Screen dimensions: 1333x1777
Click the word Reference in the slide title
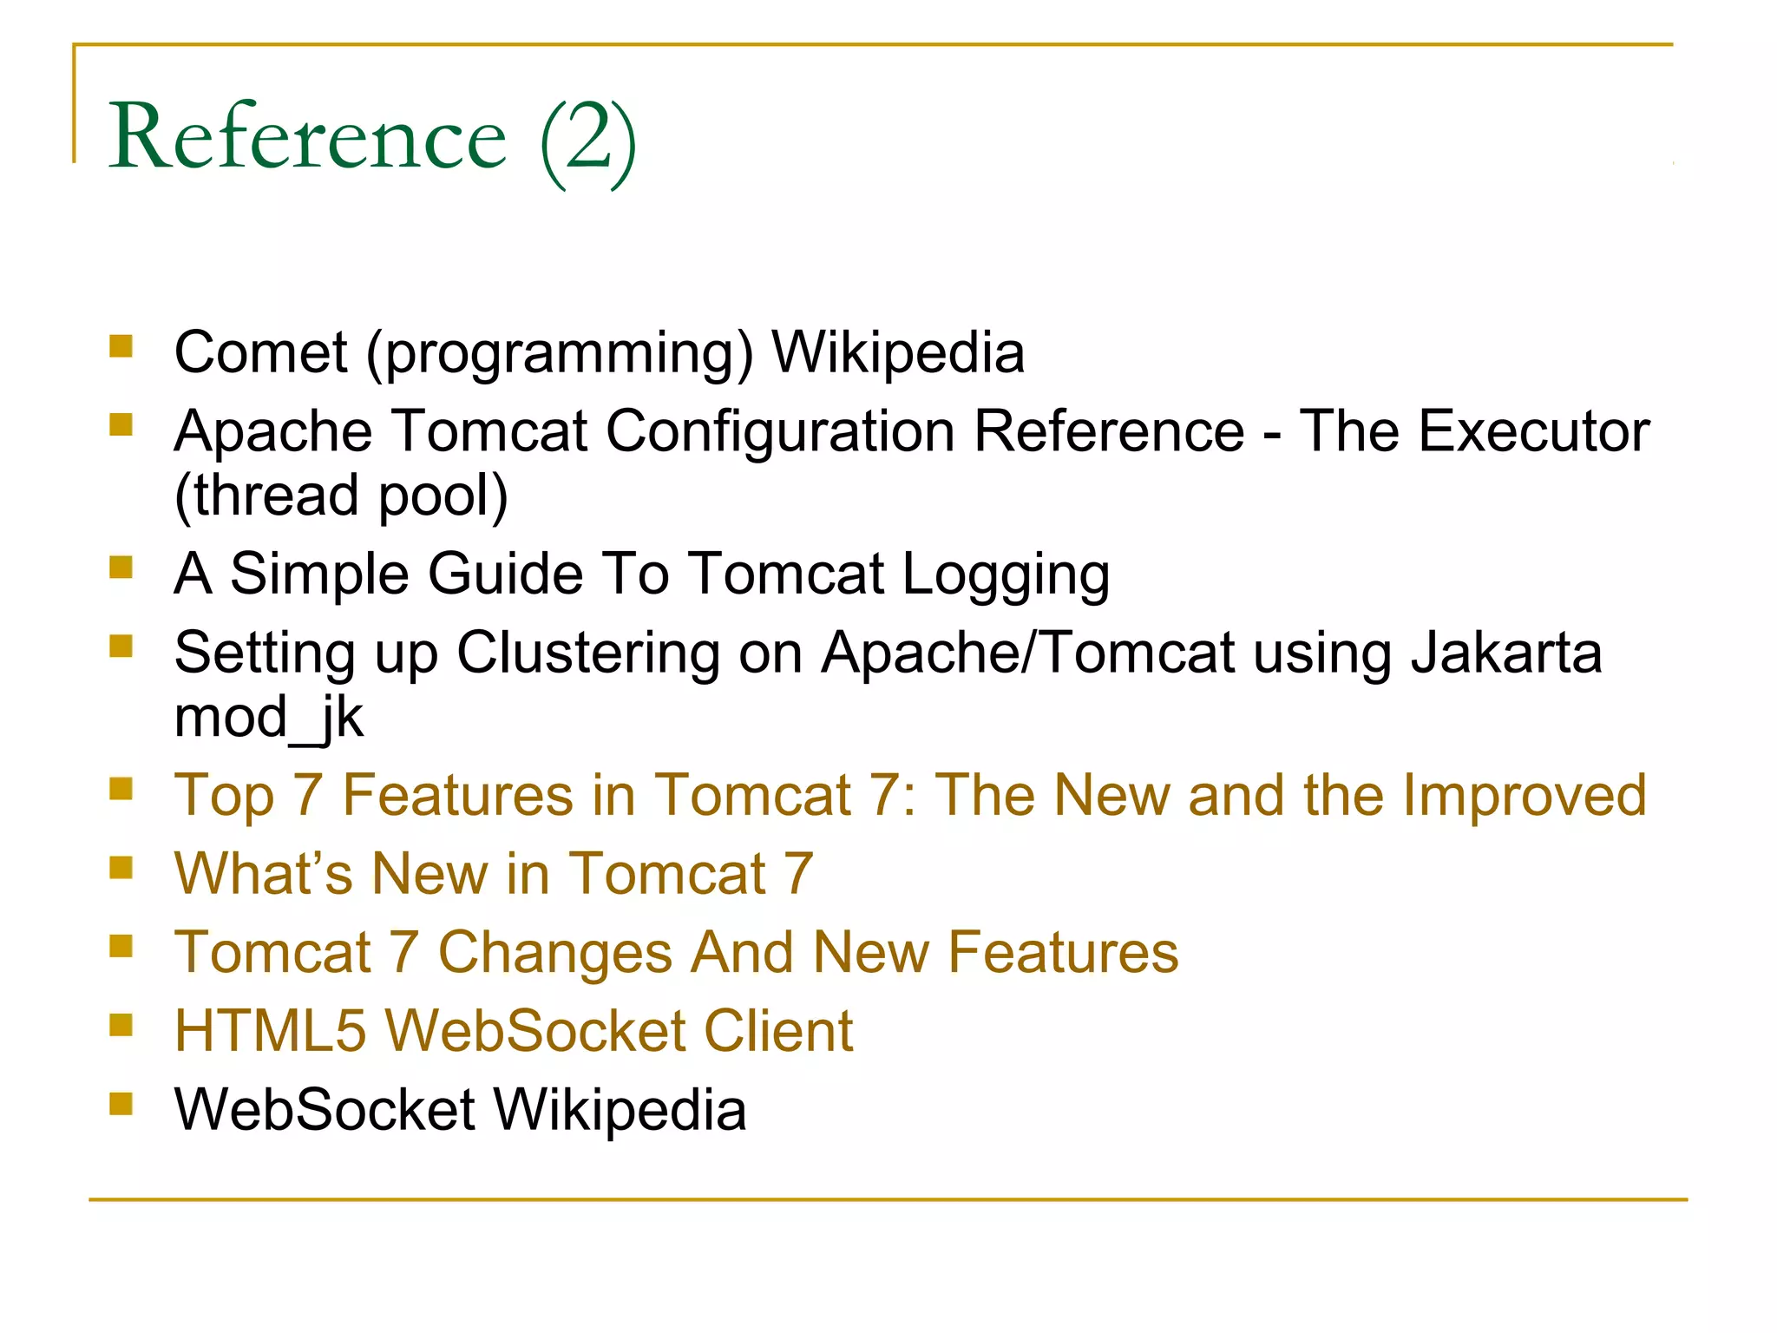pos(308,137)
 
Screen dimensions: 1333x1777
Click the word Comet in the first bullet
pos(260,352)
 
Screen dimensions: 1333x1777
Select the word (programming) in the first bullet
pos(560,354)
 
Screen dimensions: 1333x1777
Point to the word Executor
pos(1533,431)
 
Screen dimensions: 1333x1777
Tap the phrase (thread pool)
pos(341,496)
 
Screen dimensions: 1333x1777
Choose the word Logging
pos(1006,575)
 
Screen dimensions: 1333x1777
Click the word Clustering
pos(587,653)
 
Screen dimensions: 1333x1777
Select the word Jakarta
pos(1505,653)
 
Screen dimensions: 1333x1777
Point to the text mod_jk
pos(268,719)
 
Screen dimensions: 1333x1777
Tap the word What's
pos(263,873)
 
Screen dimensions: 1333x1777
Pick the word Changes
pos(554,952)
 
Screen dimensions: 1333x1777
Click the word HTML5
pos(270,1031)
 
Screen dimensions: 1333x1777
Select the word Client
pos(777,1031)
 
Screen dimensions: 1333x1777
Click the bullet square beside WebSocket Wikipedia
pos(121,1104)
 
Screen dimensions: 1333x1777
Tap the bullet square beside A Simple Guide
pos(121,568)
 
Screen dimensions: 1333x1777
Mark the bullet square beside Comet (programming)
pos(121,347)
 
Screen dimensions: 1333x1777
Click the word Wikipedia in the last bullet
pos(620,1110)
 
